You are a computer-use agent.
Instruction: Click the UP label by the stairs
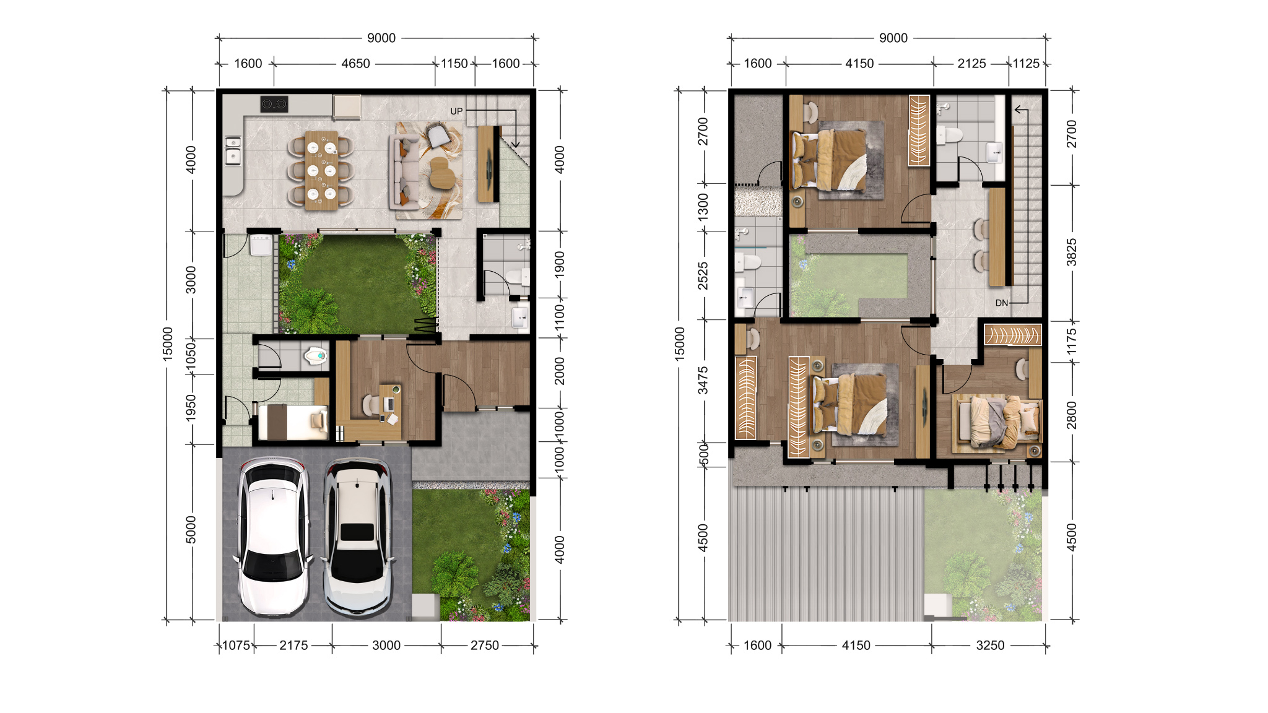pos(456,111)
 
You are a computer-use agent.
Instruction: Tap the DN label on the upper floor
pos(1002,303)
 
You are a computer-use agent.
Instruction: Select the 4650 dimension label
pos(355,64)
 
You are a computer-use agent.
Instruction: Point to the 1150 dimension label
pos(454,64)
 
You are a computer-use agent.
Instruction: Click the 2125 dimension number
pos(971,64)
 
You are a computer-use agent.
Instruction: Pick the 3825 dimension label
pos(1072,253)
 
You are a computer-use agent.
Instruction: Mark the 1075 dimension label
pos(236,646)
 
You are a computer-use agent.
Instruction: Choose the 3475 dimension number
pos(703,380)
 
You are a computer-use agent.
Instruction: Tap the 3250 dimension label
pos(990,646)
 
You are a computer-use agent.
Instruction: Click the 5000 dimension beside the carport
pos(191,530)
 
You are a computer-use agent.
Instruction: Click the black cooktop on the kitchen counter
pos(274,104)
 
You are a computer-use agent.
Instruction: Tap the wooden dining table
pos(322,170)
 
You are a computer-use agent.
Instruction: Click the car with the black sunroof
pos(358,537)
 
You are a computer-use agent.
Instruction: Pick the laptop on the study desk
pos(389,404)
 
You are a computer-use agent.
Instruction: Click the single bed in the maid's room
pos(293,422)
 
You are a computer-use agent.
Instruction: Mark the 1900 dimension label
pos(560,264)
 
